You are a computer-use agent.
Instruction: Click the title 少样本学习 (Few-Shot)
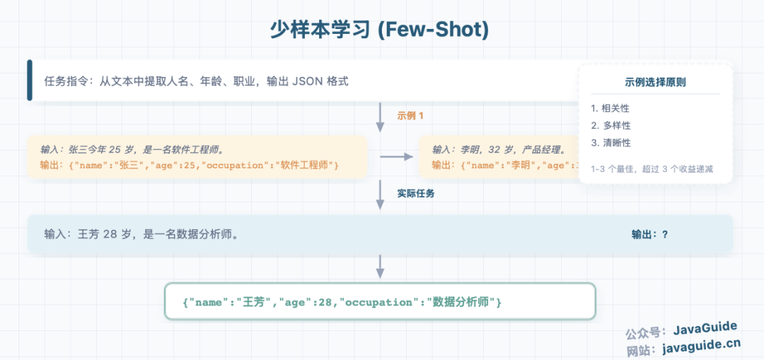tap(380, 29)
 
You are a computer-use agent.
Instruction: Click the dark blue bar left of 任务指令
tap(30, 81)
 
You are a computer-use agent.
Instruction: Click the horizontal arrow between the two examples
tap(396, 156)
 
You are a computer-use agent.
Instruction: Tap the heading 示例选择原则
tap(655, 82)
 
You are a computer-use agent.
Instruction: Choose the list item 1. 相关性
tap(610, 108)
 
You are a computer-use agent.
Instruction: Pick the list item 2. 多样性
tap(610, 125)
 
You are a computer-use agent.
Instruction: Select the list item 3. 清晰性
tap(610, 143)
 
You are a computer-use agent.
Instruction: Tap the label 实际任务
tap(415, 192)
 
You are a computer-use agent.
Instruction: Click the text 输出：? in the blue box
tap(649, 234)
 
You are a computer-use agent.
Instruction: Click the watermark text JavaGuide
tap(705, 328)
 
